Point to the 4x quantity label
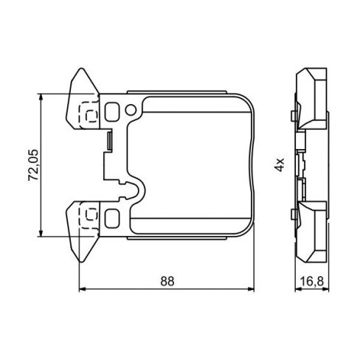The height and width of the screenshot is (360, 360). [x=279, y=164]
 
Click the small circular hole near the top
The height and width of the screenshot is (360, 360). [x=131, y=111]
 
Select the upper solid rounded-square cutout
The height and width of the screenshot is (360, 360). [x=112, y=112]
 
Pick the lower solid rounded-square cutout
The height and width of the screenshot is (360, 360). [x=112, y=217]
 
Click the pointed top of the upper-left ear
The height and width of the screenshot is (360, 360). [x=78, y=72]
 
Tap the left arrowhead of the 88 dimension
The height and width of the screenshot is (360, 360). [x=80, y=289]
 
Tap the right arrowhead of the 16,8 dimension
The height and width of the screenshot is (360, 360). [x=327, y=289]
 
